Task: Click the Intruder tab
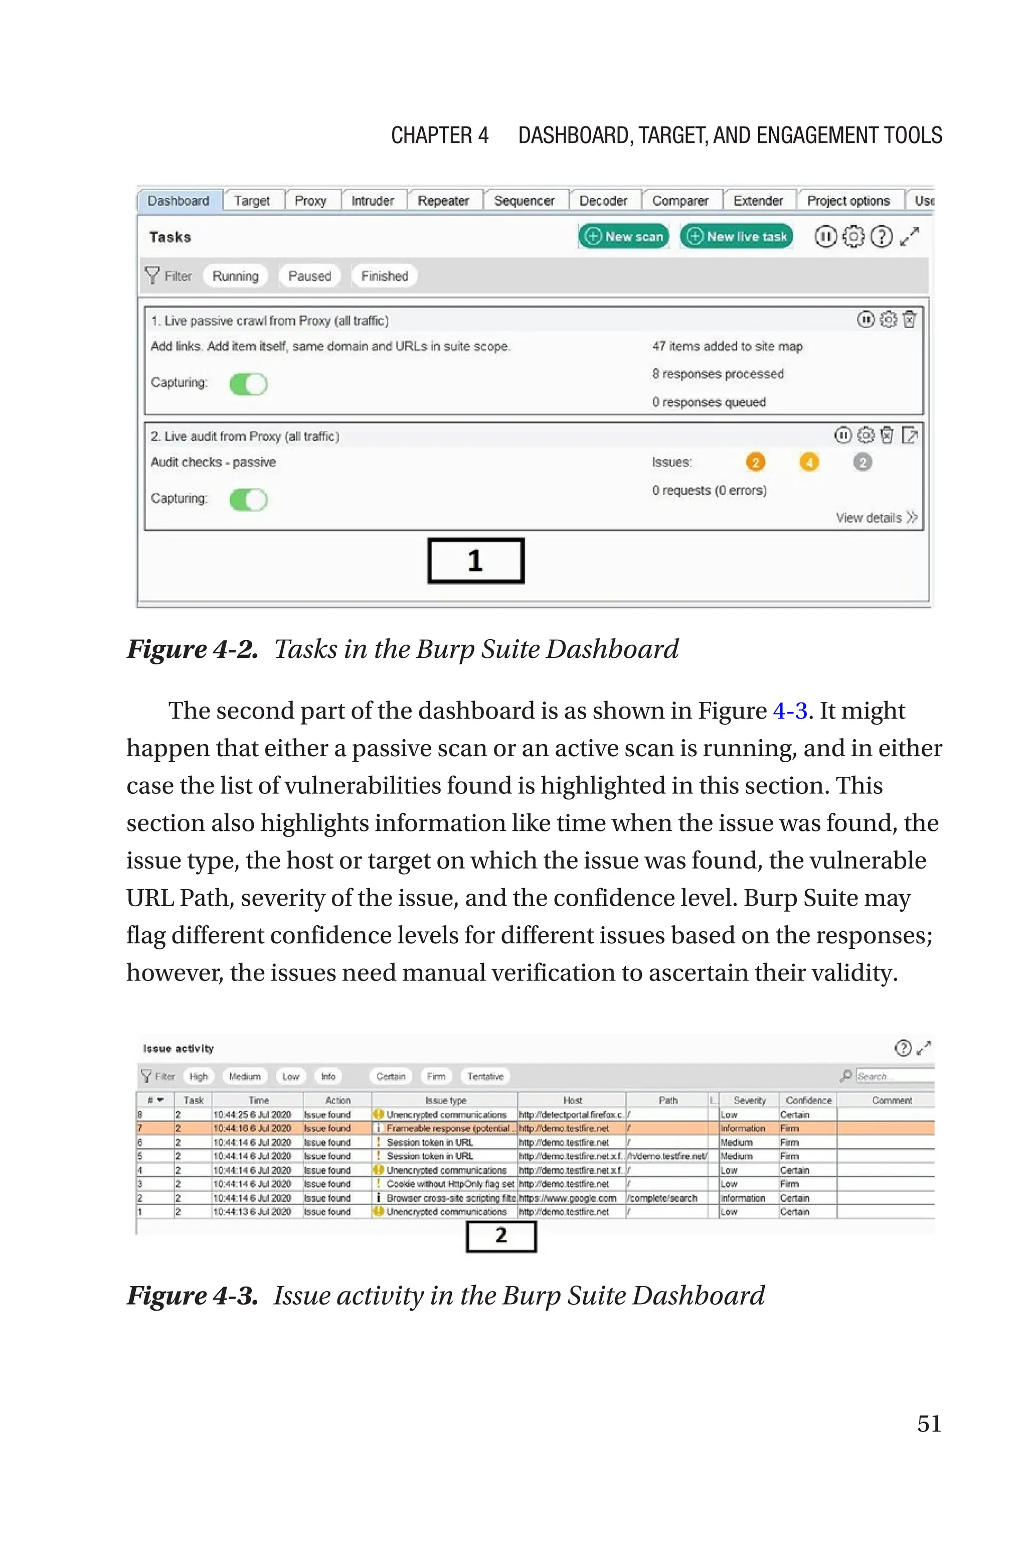click(372, 201)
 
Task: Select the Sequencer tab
click(524, 201)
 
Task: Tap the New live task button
click(736, 236)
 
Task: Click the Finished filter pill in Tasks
click(385, 276)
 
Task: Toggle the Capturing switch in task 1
click(248, 384)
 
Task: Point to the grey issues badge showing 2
click(862, 463)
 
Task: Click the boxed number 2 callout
click(501, 1236)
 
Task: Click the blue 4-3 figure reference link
click(790, 711)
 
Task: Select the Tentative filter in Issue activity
click(485, 1076)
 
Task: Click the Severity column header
click(749, 1101)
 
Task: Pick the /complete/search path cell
click(663, 1198)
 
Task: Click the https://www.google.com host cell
click(568, 1198)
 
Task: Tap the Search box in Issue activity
click(894, 1076)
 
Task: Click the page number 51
click(929, 1424)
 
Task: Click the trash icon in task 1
click(910, 320)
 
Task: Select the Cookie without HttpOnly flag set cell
click(449, 1184)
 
